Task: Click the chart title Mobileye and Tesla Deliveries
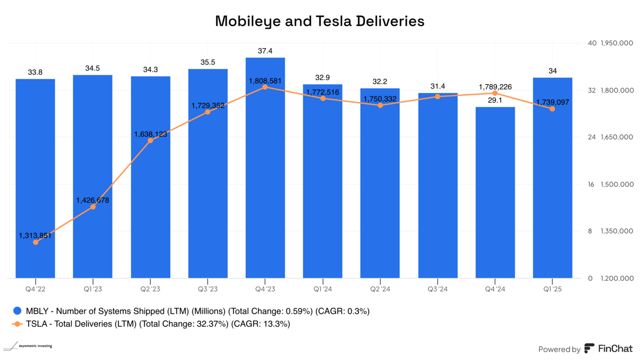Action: coord(320,21)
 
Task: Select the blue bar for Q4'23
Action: coord(265,168)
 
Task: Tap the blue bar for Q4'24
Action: coord(495,193)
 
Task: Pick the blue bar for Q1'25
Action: coord(552,178)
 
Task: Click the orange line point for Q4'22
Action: coord(35,242)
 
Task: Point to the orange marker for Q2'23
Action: coord(150,141)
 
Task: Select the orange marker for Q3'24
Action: coord(437,97)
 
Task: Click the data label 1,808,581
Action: coord(265,80)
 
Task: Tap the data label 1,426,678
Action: coord(93,200)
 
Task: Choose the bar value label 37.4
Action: coord(265,51)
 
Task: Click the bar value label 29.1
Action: coord(495,100)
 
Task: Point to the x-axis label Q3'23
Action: coord(208,289)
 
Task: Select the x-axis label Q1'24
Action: coord(322,289)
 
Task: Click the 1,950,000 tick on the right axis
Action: coord(617,43)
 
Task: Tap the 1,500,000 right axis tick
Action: coord(617,184)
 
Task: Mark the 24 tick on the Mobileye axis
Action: coord(591,137)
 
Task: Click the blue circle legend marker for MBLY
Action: coord(17,311)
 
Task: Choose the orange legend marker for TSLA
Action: coord(17,324)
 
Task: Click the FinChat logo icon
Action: coord(589,349)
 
